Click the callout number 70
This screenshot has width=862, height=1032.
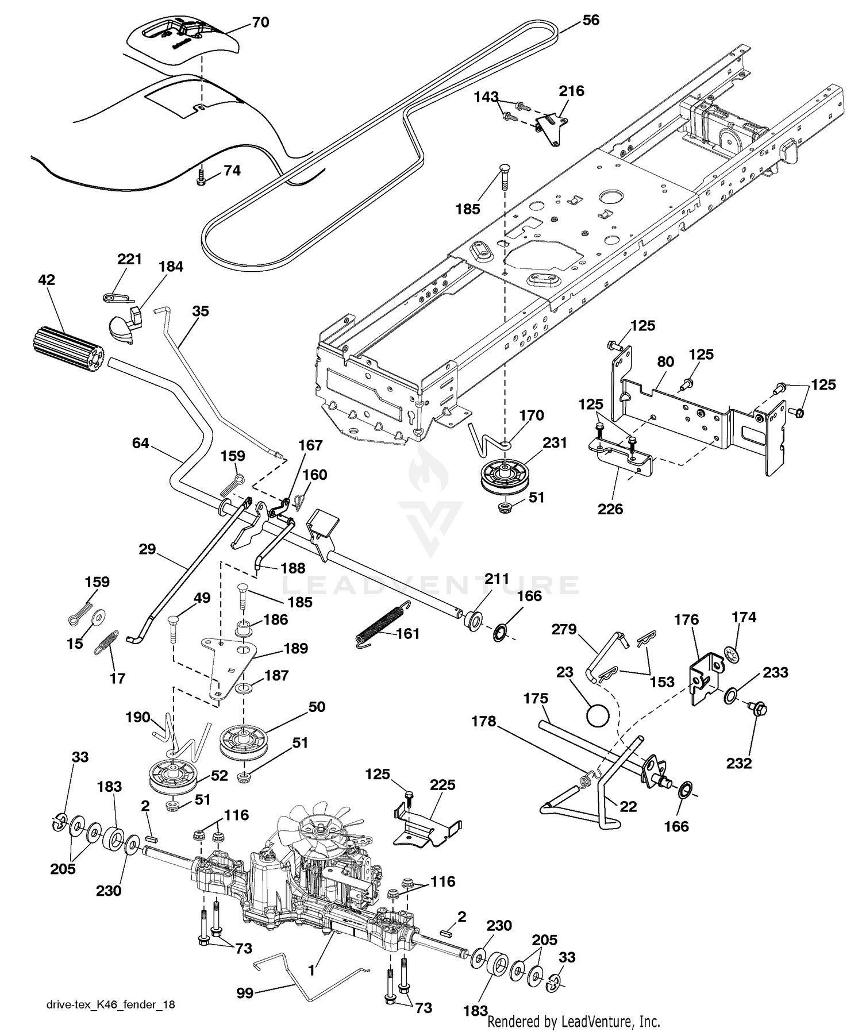[x=260, y=23]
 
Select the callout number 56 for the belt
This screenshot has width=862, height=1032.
[x=590, y=21]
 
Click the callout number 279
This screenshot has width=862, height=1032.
[x=564, y=630]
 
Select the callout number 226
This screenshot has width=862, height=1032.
[x=610, y=509]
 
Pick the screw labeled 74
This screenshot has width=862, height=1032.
[x=202, y=176]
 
